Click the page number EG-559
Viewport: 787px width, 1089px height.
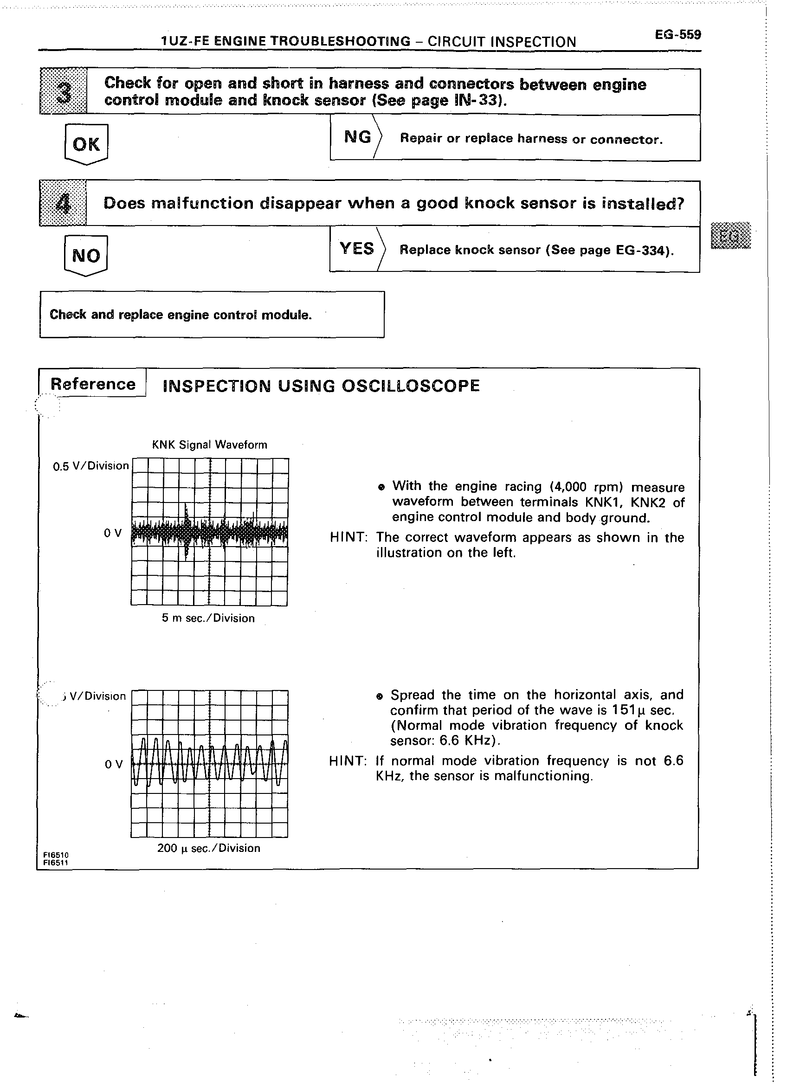tap(677, 35)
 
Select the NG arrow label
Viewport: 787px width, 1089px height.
tap(358, 137)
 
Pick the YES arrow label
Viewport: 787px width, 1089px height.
tap(357, 249)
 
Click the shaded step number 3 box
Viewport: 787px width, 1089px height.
tap(64, 91)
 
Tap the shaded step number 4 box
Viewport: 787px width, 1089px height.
tap(63, 204)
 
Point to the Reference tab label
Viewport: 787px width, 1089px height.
tap(93, 384)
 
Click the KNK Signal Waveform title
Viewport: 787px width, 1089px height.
tap(209, 445)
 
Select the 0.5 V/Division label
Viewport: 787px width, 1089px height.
tap(91, 466)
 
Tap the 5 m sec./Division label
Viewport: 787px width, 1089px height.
tap(208, 618)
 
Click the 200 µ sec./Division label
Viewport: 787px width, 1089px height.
tap(209, 848)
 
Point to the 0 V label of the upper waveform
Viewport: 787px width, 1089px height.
tap(113, 533)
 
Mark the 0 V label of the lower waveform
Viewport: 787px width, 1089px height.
tap(114, 764)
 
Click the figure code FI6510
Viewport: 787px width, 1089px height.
tap(56, 855)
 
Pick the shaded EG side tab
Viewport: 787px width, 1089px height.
tap(731, 236)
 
